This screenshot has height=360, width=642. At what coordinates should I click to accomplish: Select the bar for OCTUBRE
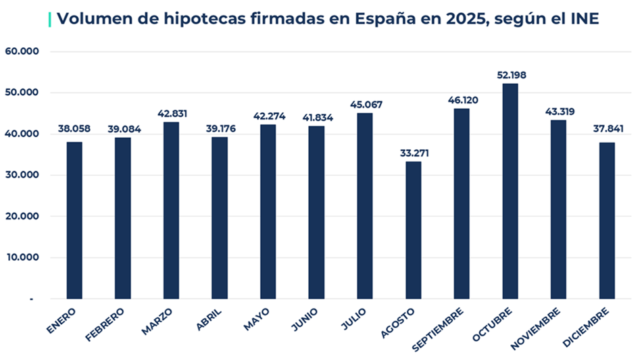pos(510,191)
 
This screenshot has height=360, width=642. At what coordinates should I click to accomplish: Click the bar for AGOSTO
pos(413,230)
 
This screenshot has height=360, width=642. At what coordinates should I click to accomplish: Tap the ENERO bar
pos(74,220)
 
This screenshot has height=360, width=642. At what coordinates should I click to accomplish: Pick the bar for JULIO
pos(364,205)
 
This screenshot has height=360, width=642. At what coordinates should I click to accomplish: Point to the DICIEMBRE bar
pos(607,220)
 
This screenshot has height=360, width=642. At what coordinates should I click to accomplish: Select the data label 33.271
pos(413,153)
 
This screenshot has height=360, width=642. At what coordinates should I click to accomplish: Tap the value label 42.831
pos(171,113)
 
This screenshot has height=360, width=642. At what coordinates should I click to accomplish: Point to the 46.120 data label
pos(462,100)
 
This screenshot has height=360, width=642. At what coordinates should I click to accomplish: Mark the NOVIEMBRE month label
pos(537,328)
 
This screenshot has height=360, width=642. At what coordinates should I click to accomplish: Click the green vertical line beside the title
pos(50,19)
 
